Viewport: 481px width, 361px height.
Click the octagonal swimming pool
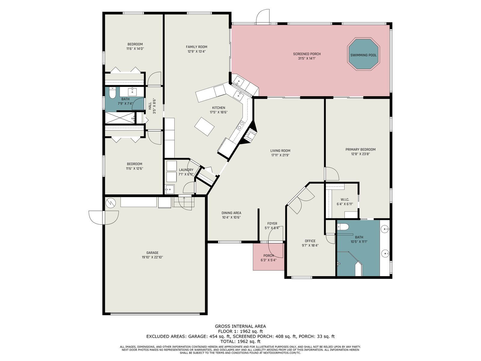[363, 54]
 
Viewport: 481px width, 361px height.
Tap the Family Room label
[196, 47]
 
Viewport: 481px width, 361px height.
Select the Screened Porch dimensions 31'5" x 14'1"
[307, 59]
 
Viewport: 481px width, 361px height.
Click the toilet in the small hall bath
[112, 93]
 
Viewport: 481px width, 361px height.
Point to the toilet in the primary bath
[343, 227]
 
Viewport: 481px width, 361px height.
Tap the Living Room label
[280, 151]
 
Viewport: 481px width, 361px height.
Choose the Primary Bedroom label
[360, 150]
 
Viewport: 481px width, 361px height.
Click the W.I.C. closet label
[345, 199]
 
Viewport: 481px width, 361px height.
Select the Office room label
[310, 241]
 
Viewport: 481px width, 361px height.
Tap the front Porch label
[268, 256]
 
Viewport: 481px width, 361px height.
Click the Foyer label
[272, 223]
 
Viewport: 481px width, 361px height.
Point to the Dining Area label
[231, 213]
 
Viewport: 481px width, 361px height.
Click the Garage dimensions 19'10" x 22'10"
[152, 257]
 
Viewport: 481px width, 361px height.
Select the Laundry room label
[186, 170]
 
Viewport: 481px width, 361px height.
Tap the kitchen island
[204, 127]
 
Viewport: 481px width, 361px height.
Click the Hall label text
[150, 106]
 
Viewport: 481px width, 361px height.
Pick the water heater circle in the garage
[110, 203]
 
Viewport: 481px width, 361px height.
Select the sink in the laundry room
[170, 189]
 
